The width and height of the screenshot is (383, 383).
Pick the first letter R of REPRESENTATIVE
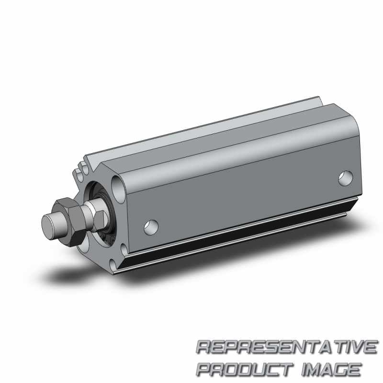tap(205, 348)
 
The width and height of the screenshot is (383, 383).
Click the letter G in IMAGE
tap(341, 369)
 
